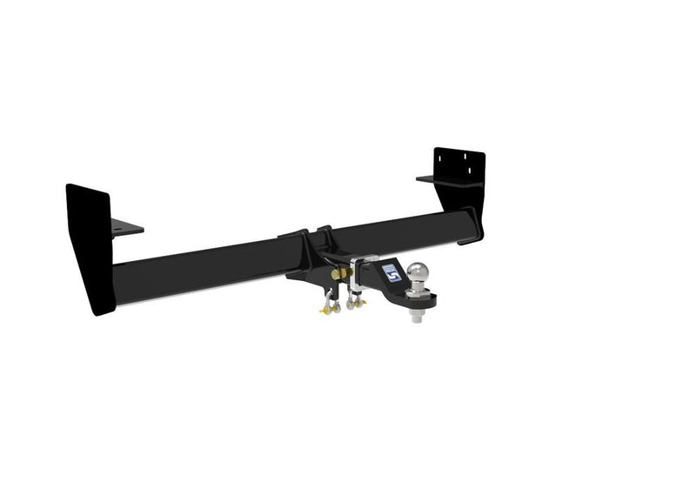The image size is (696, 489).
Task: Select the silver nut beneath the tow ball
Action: (417, 318)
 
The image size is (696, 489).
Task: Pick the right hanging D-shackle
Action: (352, 300)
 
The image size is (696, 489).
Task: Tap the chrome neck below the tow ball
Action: (418, 291)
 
